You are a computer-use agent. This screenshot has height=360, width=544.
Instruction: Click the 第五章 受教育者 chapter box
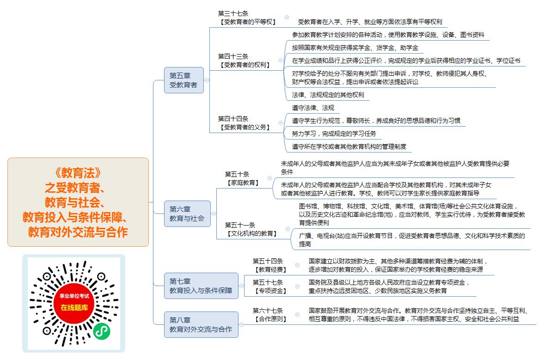coord(184,80)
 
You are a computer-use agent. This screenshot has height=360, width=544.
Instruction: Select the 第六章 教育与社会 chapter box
coord(187,214)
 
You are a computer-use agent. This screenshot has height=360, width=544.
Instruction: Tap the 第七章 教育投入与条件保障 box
coord(201,286)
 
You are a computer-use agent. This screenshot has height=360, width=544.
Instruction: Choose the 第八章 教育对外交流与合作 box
coord(201,324)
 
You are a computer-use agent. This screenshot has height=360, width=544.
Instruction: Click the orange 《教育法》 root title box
coord(78,202)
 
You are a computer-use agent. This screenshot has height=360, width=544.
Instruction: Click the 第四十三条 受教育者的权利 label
coord(244,61)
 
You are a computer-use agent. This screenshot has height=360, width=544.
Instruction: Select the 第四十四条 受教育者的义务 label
coord(244,123)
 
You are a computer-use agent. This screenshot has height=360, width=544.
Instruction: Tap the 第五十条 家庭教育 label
coord(243,178)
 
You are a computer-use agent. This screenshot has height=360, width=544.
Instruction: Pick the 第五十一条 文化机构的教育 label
coord(251,229)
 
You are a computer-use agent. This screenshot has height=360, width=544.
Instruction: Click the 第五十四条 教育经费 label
coord(270,265)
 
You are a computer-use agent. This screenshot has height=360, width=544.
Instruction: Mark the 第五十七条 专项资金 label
coord(270,287)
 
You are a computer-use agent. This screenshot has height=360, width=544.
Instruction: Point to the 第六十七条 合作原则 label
coord(270,315)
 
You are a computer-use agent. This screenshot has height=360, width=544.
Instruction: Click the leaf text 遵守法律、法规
coord(313,108)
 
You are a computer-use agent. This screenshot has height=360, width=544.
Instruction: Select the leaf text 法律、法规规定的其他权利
coord(328,95)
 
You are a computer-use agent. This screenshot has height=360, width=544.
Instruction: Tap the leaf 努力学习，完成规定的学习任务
coord(334,134)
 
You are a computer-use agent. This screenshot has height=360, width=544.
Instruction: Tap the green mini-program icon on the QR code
coord(102,331)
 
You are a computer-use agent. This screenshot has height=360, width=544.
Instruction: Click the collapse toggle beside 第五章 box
coord(207,80)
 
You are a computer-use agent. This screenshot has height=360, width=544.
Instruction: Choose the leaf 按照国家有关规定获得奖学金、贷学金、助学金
coord(355,48)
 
